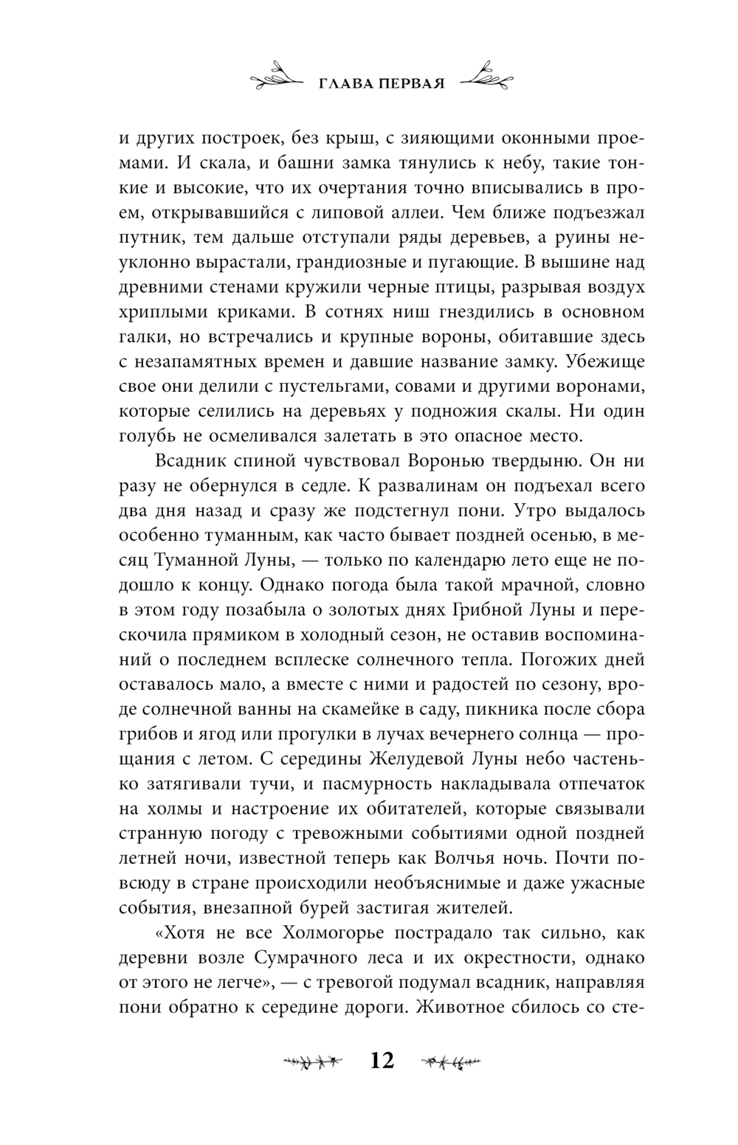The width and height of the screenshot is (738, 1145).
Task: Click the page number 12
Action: point(382,1061)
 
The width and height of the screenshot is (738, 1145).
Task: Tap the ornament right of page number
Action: point(450,1062)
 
